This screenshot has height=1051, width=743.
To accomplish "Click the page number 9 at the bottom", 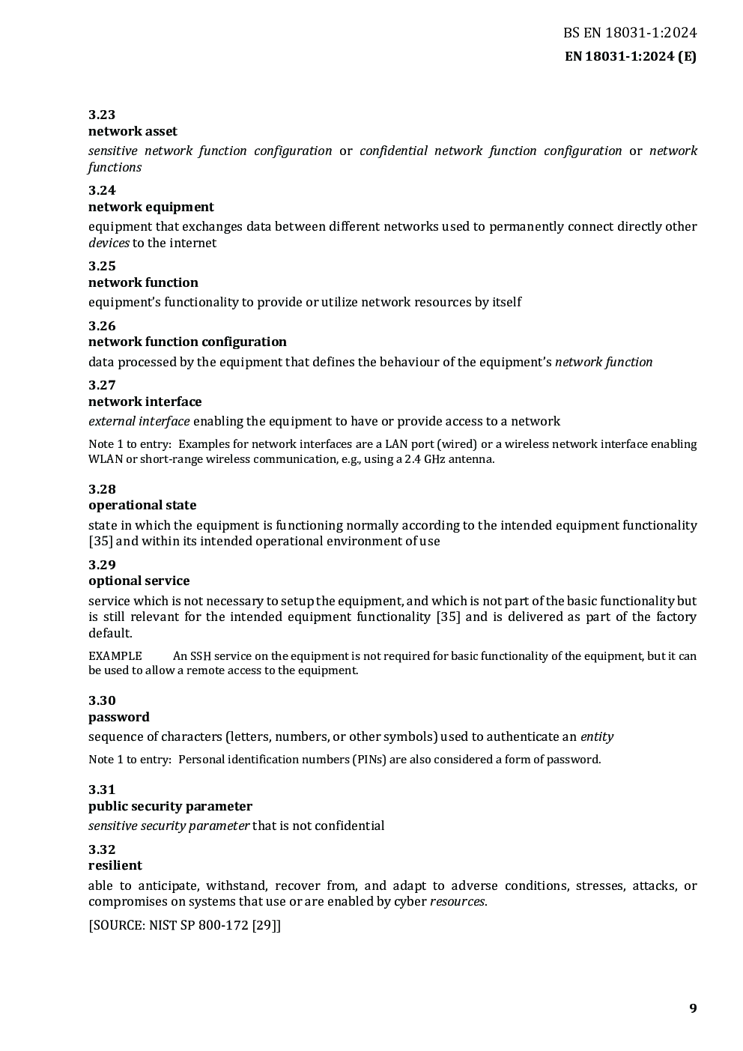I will [693, 1008].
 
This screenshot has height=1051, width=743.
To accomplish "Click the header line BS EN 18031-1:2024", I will [629, 33].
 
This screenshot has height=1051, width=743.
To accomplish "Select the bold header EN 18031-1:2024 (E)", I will [630, 57].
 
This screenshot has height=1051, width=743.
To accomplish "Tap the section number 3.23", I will [102, 115].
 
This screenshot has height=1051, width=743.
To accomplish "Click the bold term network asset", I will [133, 132].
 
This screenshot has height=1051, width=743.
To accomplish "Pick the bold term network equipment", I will [151, 208].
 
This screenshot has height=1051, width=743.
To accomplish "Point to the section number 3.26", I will [102, 326].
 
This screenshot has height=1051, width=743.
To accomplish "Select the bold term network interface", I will [145, 402].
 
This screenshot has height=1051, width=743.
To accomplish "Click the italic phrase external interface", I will [139, 422].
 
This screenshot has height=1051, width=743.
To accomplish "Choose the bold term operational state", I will [142, 506].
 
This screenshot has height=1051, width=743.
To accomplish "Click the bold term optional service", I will [139, 581].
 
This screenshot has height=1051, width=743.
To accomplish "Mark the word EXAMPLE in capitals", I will [115, 656].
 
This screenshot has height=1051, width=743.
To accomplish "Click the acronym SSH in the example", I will [200, 656].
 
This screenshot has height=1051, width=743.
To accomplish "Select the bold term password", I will [118, 718].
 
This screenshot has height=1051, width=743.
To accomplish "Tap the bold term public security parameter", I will [170, 807].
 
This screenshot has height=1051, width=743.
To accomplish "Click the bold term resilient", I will [115, 866].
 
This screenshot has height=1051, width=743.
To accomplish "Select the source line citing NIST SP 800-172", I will [184, 925].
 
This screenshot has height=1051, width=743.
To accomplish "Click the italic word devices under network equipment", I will [109, 243].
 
